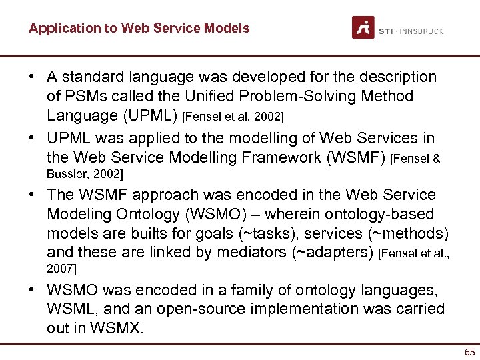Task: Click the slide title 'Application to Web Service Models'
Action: click(x=139, y=28)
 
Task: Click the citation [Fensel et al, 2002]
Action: click(x=233, y=117)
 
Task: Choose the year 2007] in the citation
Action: click(x=61, y=269)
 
